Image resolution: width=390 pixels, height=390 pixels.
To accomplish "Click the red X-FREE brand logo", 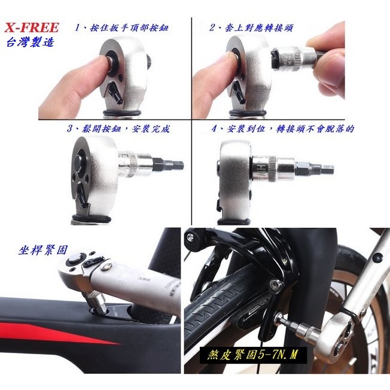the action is (x=32, y=28).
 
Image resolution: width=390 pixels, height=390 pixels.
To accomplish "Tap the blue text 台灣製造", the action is (x=30, y=42).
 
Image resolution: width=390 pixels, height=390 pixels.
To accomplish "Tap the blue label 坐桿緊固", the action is (x=43, y=250).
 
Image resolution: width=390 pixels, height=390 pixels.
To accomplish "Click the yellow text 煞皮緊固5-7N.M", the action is (x=252, y=355).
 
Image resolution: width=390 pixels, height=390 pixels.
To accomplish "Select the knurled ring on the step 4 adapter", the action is (x=273, y=169).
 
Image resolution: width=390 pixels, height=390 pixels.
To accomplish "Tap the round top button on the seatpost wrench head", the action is (x=75, y=260).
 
